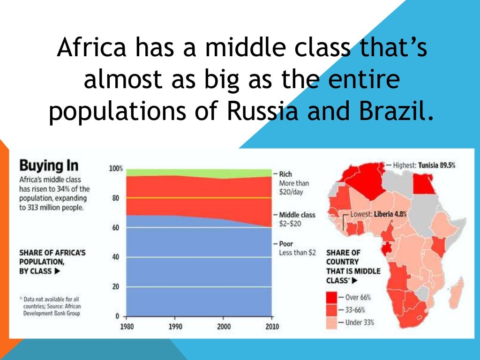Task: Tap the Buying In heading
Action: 48,166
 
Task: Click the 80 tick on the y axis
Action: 116,198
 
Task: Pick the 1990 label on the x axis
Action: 176,326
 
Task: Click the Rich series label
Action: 285,174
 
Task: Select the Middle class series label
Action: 297,215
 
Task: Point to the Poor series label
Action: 286,244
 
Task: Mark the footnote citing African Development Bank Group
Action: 49,306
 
